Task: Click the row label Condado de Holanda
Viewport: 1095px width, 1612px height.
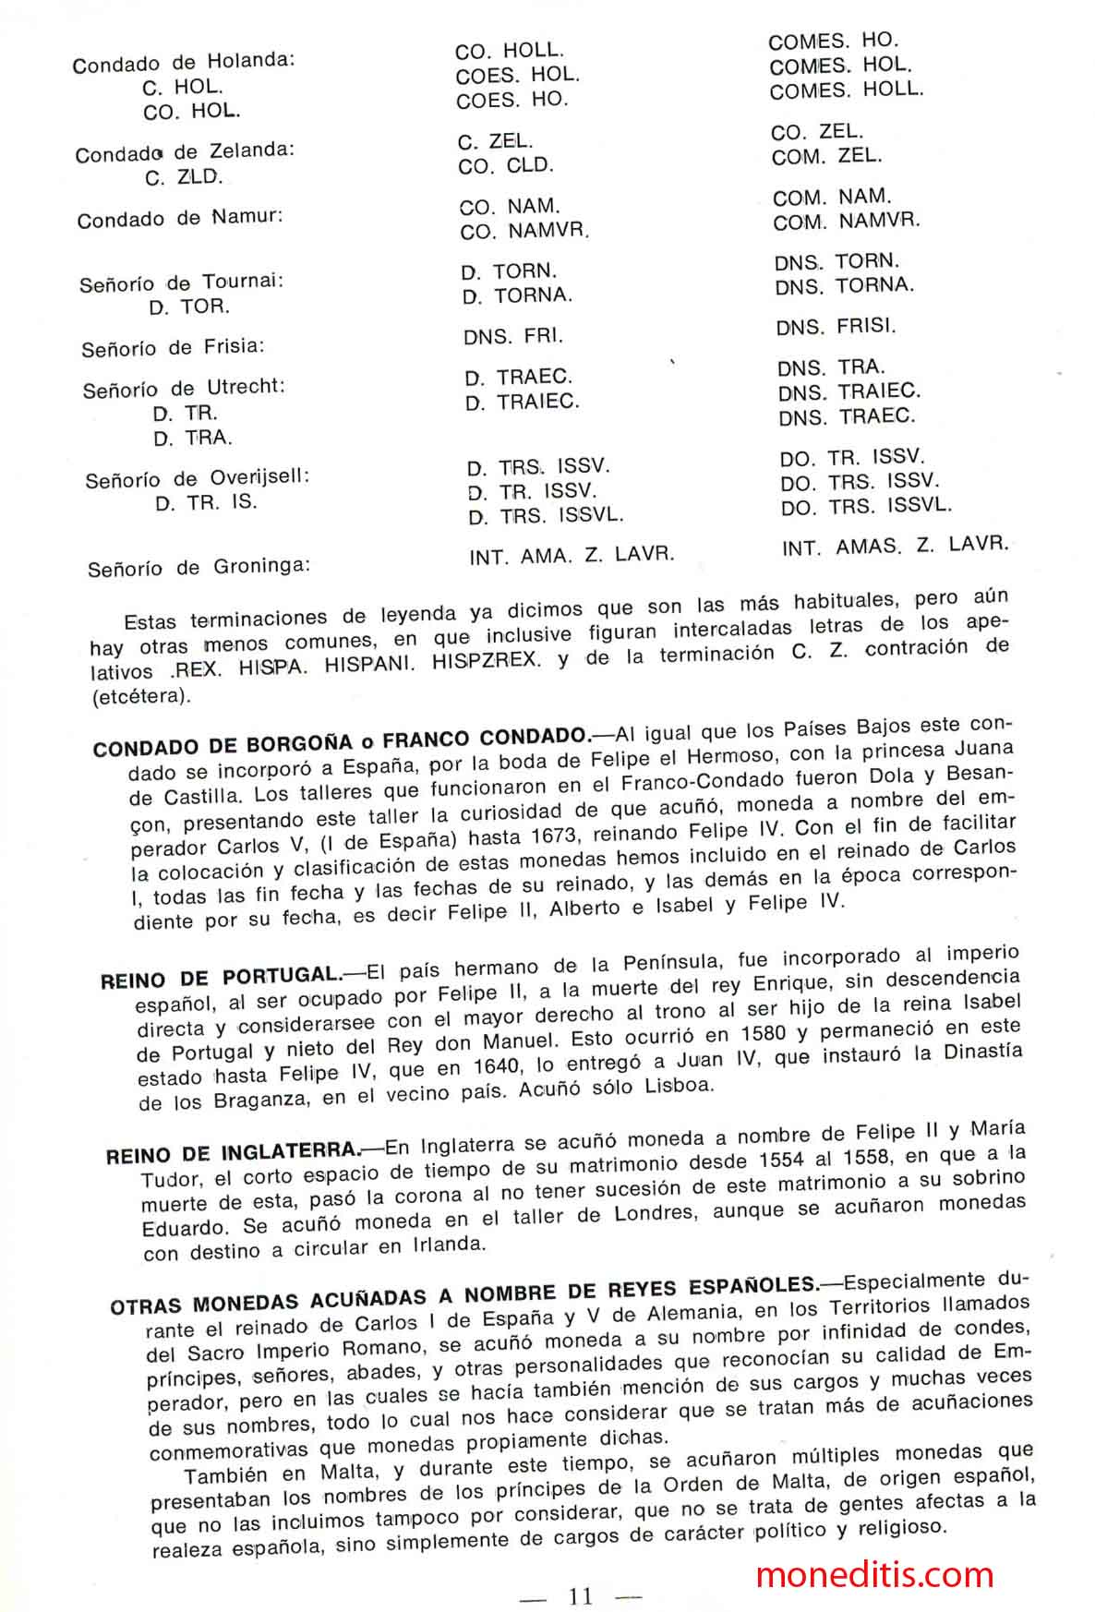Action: tap(184, 63)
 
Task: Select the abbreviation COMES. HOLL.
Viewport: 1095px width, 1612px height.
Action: tap(846, 90)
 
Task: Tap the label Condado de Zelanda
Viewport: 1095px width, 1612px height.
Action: tap(185, 151)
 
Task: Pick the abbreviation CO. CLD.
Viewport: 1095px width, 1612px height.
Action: tap(505, 167)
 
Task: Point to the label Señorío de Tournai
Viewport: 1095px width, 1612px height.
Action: tap(182, 283)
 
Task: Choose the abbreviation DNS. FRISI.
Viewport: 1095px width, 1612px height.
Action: tap(836, 327)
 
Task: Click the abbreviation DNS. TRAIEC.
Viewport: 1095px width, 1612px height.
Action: tap(848, 392)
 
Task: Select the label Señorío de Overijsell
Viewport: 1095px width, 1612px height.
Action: tap(197, 479)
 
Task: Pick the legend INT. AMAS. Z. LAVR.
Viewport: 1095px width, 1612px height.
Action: tap(895, 546)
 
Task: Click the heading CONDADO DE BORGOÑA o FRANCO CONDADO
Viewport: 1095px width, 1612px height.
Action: tap(342, 741)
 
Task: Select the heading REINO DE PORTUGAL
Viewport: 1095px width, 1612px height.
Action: tap(222, 977)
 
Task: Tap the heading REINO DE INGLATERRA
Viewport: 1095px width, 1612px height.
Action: tap(233, 1153)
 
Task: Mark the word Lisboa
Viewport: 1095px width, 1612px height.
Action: tap(679, 1087)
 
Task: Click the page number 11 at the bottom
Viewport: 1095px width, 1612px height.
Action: tap(581, 1596)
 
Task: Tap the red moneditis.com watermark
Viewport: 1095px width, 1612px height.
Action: tap(874, 1574)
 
